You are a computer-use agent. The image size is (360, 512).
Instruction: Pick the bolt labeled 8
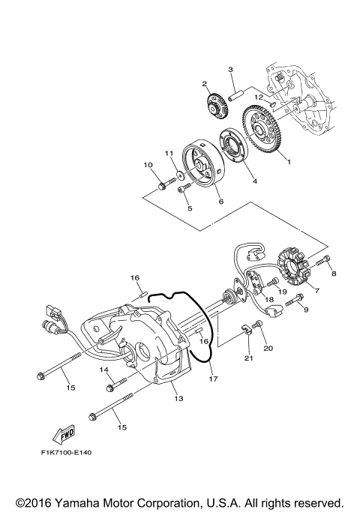coord(323,262)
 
